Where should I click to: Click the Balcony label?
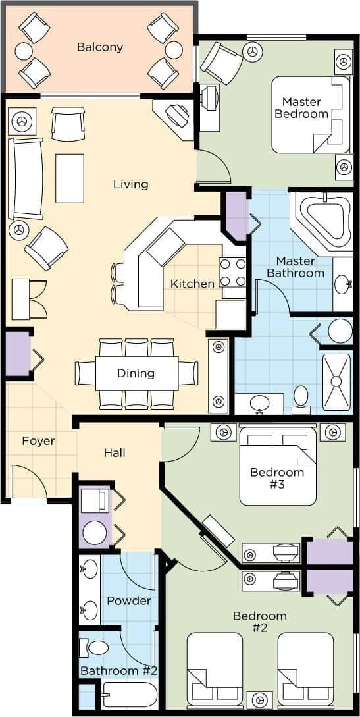coord(99,47)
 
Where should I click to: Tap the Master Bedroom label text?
coord(301,107)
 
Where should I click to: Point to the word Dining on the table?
coord(136,373)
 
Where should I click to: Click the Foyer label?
coord(38,441)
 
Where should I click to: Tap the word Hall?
coord(115,453)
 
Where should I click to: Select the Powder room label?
coord(128,600)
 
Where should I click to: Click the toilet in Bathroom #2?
coord(97,648)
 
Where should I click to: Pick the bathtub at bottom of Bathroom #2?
coord(130,695)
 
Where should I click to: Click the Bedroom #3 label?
coord(277,479)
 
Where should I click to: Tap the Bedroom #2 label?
coord(259,622)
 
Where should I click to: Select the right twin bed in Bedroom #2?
coord(305,668)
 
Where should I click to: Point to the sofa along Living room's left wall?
coord(25,178)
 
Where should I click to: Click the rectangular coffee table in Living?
coord(70,178)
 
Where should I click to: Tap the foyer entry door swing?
coord(30,482)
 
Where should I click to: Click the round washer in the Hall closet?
coord(95,533)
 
